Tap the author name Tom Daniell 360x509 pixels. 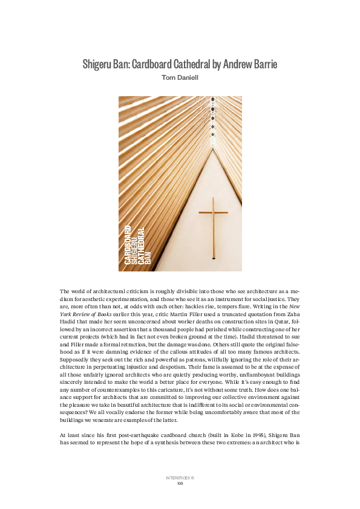(x=180, y=77)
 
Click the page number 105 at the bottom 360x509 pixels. (x=180, y=484)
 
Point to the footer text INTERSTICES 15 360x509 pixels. (x=180, y=478)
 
